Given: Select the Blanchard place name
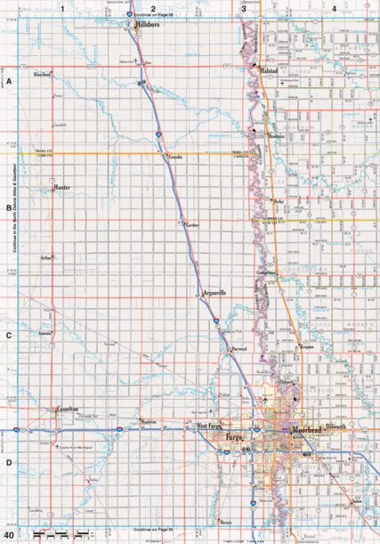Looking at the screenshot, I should [40, 74].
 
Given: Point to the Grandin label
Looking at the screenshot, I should [175, 156].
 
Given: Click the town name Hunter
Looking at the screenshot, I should [61, 189].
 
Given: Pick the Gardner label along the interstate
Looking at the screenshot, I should [193, 226].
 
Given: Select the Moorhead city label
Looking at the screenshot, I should [307, 430].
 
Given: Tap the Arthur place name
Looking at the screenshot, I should [46, 258].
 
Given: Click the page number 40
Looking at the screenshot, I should [9, 535].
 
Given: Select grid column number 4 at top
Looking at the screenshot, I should [334, 8].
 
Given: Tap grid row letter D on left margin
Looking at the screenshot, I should [8, 462].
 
